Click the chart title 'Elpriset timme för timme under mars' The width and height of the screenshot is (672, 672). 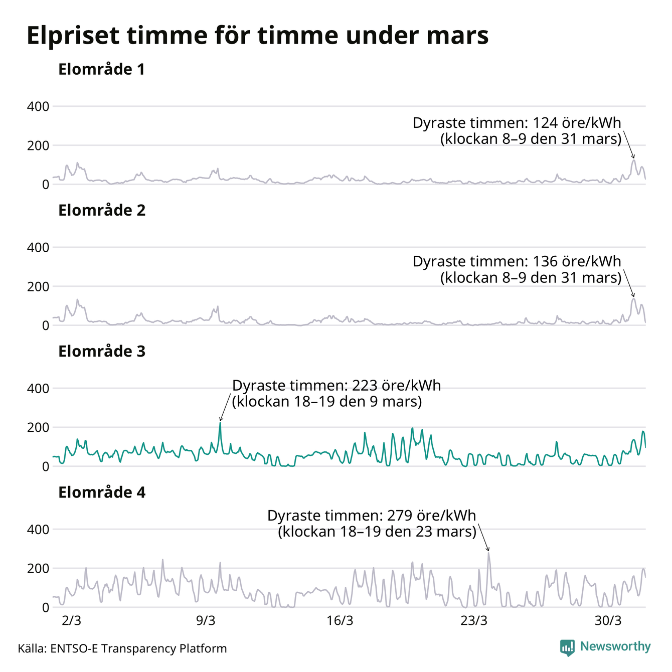click(257, 36)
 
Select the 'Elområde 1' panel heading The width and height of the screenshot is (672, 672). click(101, 69)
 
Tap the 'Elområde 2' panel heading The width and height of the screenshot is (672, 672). click(101, 211)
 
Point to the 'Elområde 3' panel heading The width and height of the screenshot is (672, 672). click(101, 352)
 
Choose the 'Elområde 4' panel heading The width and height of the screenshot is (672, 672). click(101, 493)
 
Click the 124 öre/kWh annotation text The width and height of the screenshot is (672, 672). click(517, 130)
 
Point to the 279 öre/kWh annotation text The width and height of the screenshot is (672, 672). click(372, 524)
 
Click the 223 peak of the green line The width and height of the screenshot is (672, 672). click(220, 423)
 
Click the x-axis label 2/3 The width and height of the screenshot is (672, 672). click(71, 621)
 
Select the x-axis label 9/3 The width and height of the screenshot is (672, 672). click(206, 621)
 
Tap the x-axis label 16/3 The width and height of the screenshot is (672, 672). click(340, 621)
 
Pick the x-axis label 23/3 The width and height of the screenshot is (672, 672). click(474, 621)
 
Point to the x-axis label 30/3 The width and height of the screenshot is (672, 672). click(608, 621)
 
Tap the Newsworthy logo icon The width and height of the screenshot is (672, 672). click(567, 647)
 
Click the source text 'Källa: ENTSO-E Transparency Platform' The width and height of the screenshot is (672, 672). click(122, 648)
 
